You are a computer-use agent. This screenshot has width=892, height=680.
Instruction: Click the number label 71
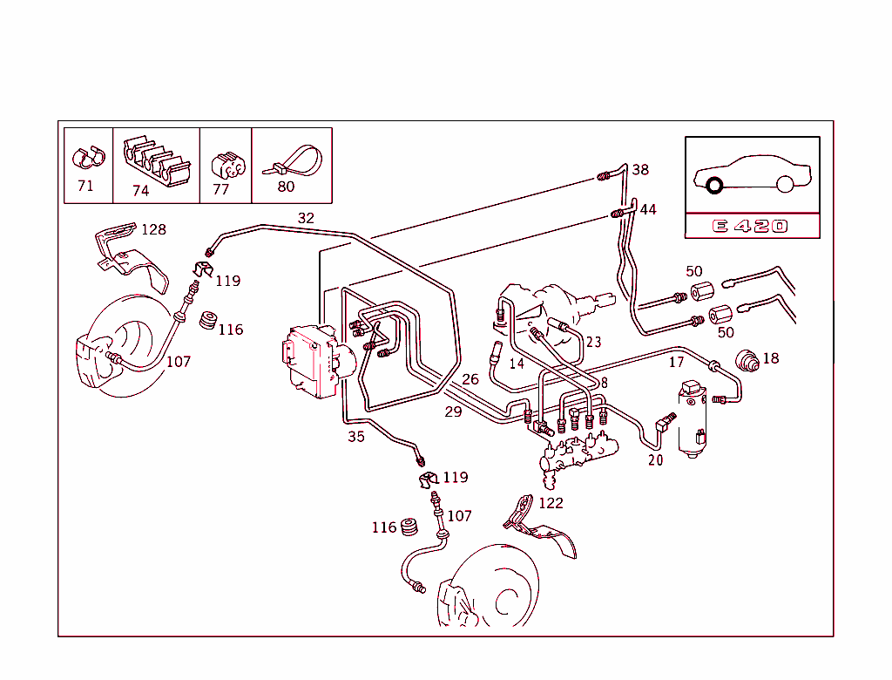pos(85,186)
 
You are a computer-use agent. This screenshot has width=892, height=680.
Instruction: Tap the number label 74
pos(141,191)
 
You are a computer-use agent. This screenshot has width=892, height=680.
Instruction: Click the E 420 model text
pos(750,227)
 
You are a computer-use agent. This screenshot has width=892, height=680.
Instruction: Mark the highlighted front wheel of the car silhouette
pos(715,185)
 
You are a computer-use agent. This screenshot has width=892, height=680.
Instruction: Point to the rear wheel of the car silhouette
pos(785,184)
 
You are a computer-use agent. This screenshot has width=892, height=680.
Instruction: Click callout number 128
pos(153,229)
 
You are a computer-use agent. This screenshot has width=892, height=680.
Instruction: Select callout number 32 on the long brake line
pos(306,218)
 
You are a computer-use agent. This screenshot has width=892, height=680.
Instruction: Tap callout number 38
pos(640,170)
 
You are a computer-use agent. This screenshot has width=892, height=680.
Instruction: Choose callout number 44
pos(648,209)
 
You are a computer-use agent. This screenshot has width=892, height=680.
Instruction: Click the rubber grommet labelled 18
pos(747,360)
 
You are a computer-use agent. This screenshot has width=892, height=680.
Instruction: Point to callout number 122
pos(551,503)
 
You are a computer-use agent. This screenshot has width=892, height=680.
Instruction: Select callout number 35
pos(356,437)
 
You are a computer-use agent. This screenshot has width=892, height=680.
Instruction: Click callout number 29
pos(453,411)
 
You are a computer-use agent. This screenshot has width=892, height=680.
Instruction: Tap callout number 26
pos(470,379)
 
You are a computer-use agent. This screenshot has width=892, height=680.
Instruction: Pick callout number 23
pos(593,343)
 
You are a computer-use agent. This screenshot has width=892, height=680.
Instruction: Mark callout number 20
pos(655,460)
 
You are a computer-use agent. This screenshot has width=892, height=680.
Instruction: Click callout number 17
pos(676,362)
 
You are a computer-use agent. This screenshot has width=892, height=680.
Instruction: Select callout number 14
pos(517,364)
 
